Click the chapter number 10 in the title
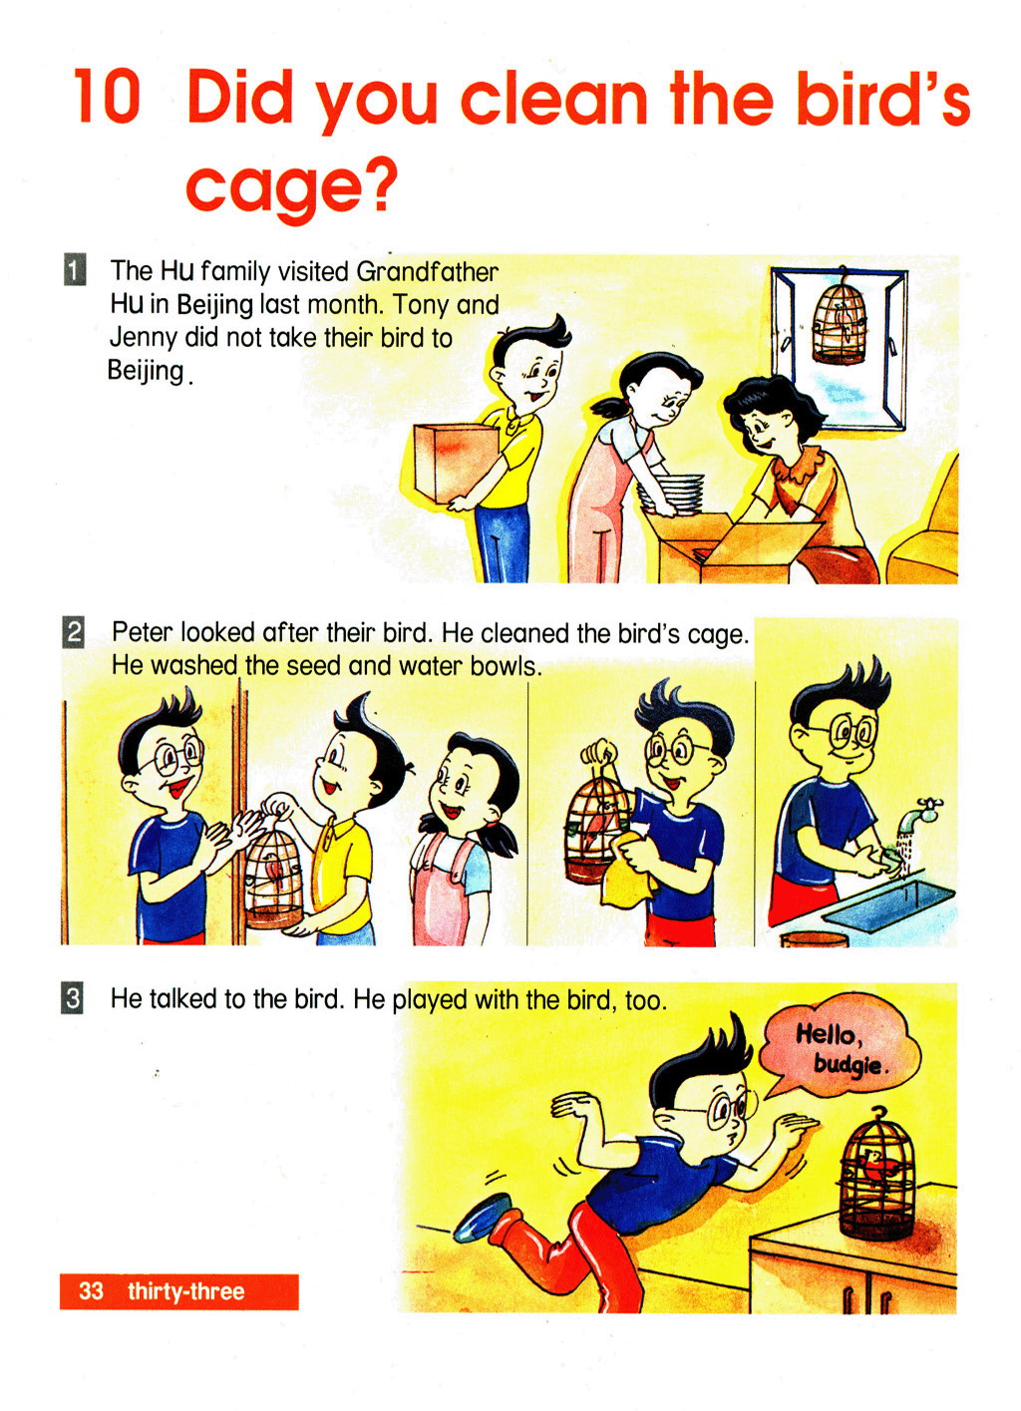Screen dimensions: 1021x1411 pyautogui.click(x=107, y=97)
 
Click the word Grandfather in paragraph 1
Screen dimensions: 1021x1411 pyautogui.click(x=427, y=272)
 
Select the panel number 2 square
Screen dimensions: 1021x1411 pyautogui.click(x=73, y=632)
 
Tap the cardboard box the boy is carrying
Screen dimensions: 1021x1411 pyautogui.click(x=454, y=463)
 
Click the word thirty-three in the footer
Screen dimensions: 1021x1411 pyautogui.click(x=185, y=1291)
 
